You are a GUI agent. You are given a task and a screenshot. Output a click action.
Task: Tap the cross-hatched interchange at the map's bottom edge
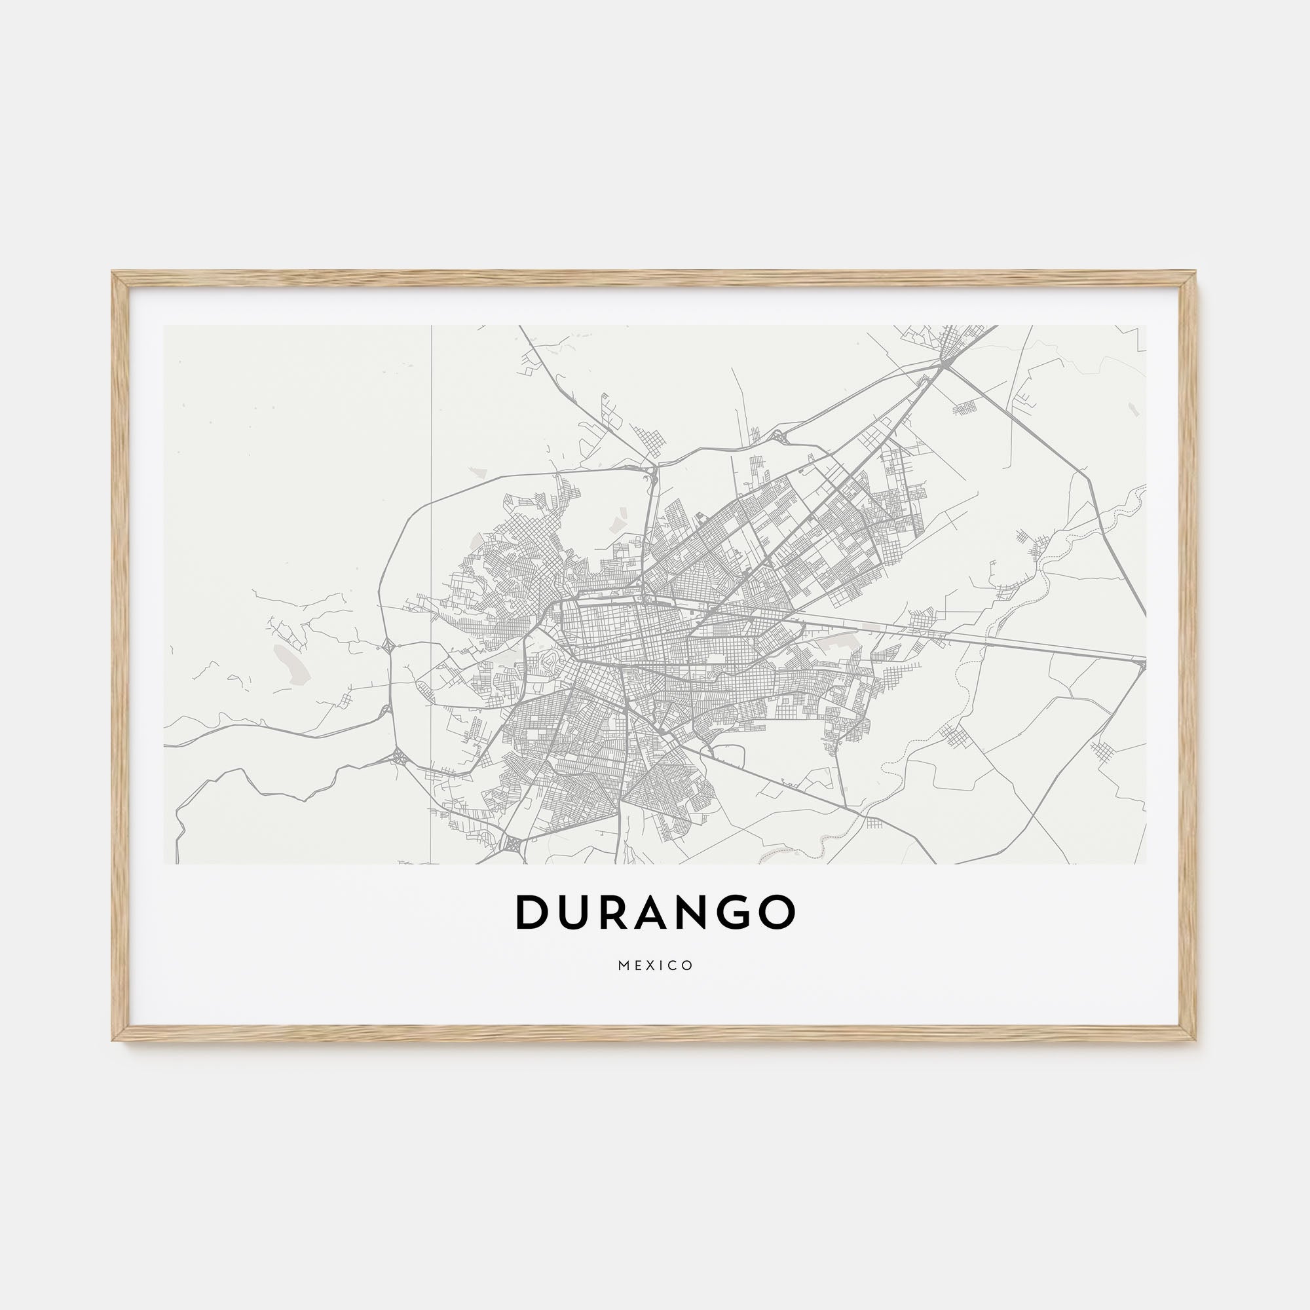[x=514, y=845]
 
